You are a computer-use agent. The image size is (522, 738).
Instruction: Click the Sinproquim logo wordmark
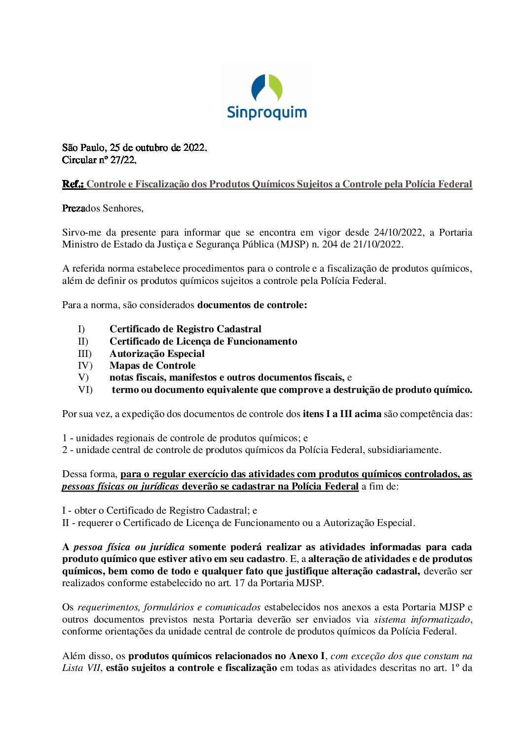[x=266, y=112]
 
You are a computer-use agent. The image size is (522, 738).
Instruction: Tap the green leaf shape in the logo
[x=275, y=87]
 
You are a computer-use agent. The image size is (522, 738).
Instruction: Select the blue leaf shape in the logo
[x=259, y=87]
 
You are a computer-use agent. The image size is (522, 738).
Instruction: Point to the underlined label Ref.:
[x=74, y=184]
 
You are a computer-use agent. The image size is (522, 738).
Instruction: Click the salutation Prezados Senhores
[x=103, y=209]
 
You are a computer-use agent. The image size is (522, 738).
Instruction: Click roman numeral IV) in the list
[x=85, y=366]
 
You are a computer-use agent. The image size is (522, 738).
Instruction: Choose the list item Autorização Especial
[x=157, y=353]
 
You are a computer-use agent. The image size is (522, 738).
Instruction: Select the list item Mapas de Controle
[x=152, y=366]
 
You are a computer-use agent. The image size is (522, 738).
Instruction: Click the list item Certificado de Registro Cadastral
[x=186, y=329]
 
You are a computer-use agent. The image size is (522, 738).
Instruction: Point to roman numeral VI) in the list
[x=85, y=390]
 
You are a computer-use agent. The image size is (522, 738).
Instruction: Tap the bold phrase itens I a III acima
[x=342, y=414]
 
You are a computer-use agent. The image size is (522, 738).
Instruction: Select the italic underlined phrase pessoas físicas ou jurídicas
[x=120, y=487]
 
